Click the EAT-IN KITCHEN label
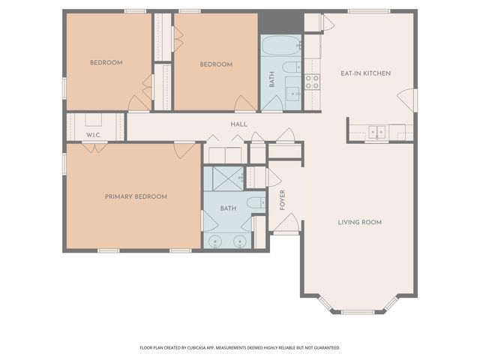(365, 73)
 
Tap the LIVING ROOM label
(359, 222)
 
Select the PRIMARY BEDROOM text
(136, 196)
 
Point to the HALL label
(238, 124)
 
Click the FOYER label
(283, 199)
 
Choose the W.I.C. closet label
(93, 135)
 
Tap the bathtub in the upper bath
(280, 46)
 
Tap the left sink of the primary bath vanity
(216, 241)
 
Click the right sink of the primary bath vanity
(240, 241)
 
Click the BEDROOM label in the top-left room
(106, 63)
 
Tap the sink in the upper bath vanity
(293, 94)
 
